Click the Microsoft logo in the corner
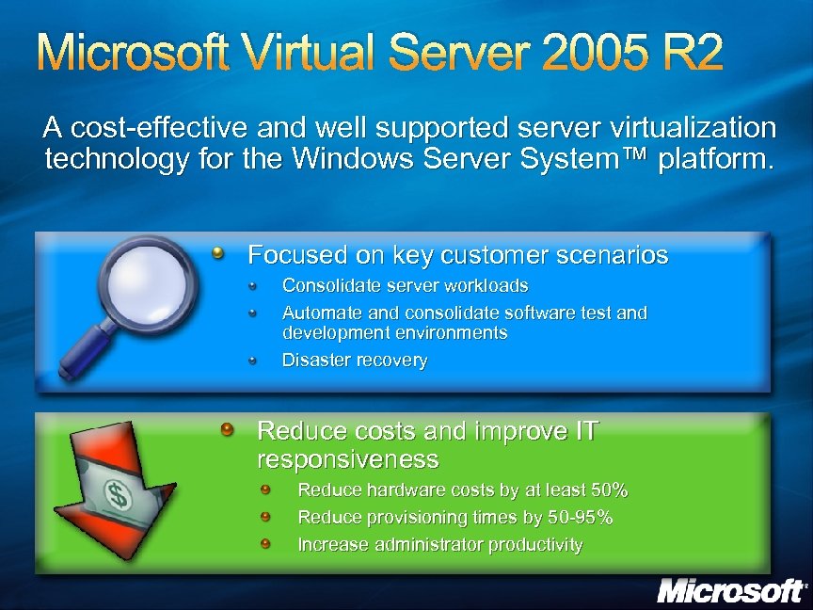[x=731, y=591]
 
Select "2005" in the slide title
[x=575, y=56]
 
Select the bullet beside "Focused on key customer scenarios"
[x=218, y=252]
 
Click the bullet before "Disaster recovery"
[x=253, y=359]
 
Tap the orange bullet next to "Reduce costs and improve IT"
[x=227, y=430]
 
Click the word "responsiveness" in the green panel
[x=347, y=459]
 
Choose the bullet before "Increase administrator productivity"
[x=266, y=543]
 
